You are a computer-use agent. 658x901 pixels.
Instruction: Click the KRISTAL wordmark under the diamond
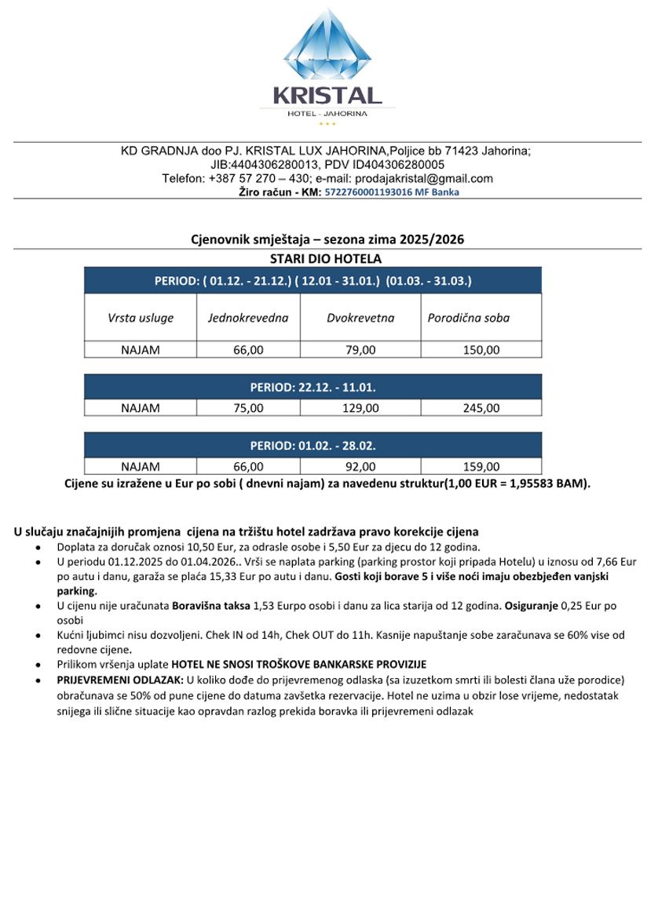pyautogui.click(x=328, y=96)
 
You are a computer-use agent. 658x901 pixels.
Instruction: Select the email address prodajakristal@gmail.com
pyautogui.click(x=426, y=178)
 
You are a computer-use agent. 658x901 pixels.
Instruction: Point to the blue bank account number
pyautogui.click(x=392, y=192)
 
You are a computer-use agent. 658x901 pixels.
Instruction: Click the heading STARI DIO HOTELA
pyautogui.click(x=325, y=259)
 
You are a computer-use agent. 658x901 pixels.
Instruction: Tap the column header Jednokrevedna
pyautogui.click(x=248, y=318)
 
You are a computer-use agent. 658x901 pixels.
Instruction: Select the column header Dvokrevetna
pyautogui.click(x=360, y=318)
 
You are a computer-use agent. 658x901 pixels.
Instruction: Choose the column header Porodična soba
pyautogui.click(x=469, y=318)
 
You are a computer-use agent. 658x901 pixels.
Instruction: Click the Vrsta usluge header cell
pyautogui.click(x=141, y=318)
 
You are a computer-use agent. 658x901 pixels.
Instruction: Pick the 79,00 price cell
pyautogui.click(x=360, y=350)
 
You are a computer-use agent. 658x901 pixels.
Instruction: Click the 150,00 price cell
pyautogui.click(x=481, y=350)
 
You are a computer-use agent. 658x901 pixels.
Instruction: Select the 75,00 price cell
pyautogui.click(x=248, y=408)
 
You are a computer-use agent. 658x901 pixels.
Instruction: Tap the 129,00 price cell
pyautogui.click(x=360, y=408)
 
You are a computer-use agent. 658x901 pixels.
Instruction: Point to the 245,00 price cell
pyautogui.click(x=481, y=408)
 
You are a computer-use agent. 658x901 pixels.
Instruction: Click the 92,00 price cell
pyautogui.click(x=360, y=467)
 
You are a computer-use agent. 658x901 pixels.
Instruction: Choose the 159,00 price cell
pyautogui.click(x=481, y=467)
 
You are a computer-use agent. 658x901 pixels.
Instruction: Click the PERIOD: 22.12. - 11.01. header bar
pyautogui.click(x=313, y=387)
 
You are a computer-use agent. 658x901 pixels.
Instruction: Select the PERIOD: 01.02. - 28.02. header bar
pyautogui.click(x=313, y=446)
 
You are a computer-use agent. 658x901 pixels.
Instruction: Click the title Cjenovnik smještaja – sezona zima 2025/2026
pyautogui.click(x=328, y=239)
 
